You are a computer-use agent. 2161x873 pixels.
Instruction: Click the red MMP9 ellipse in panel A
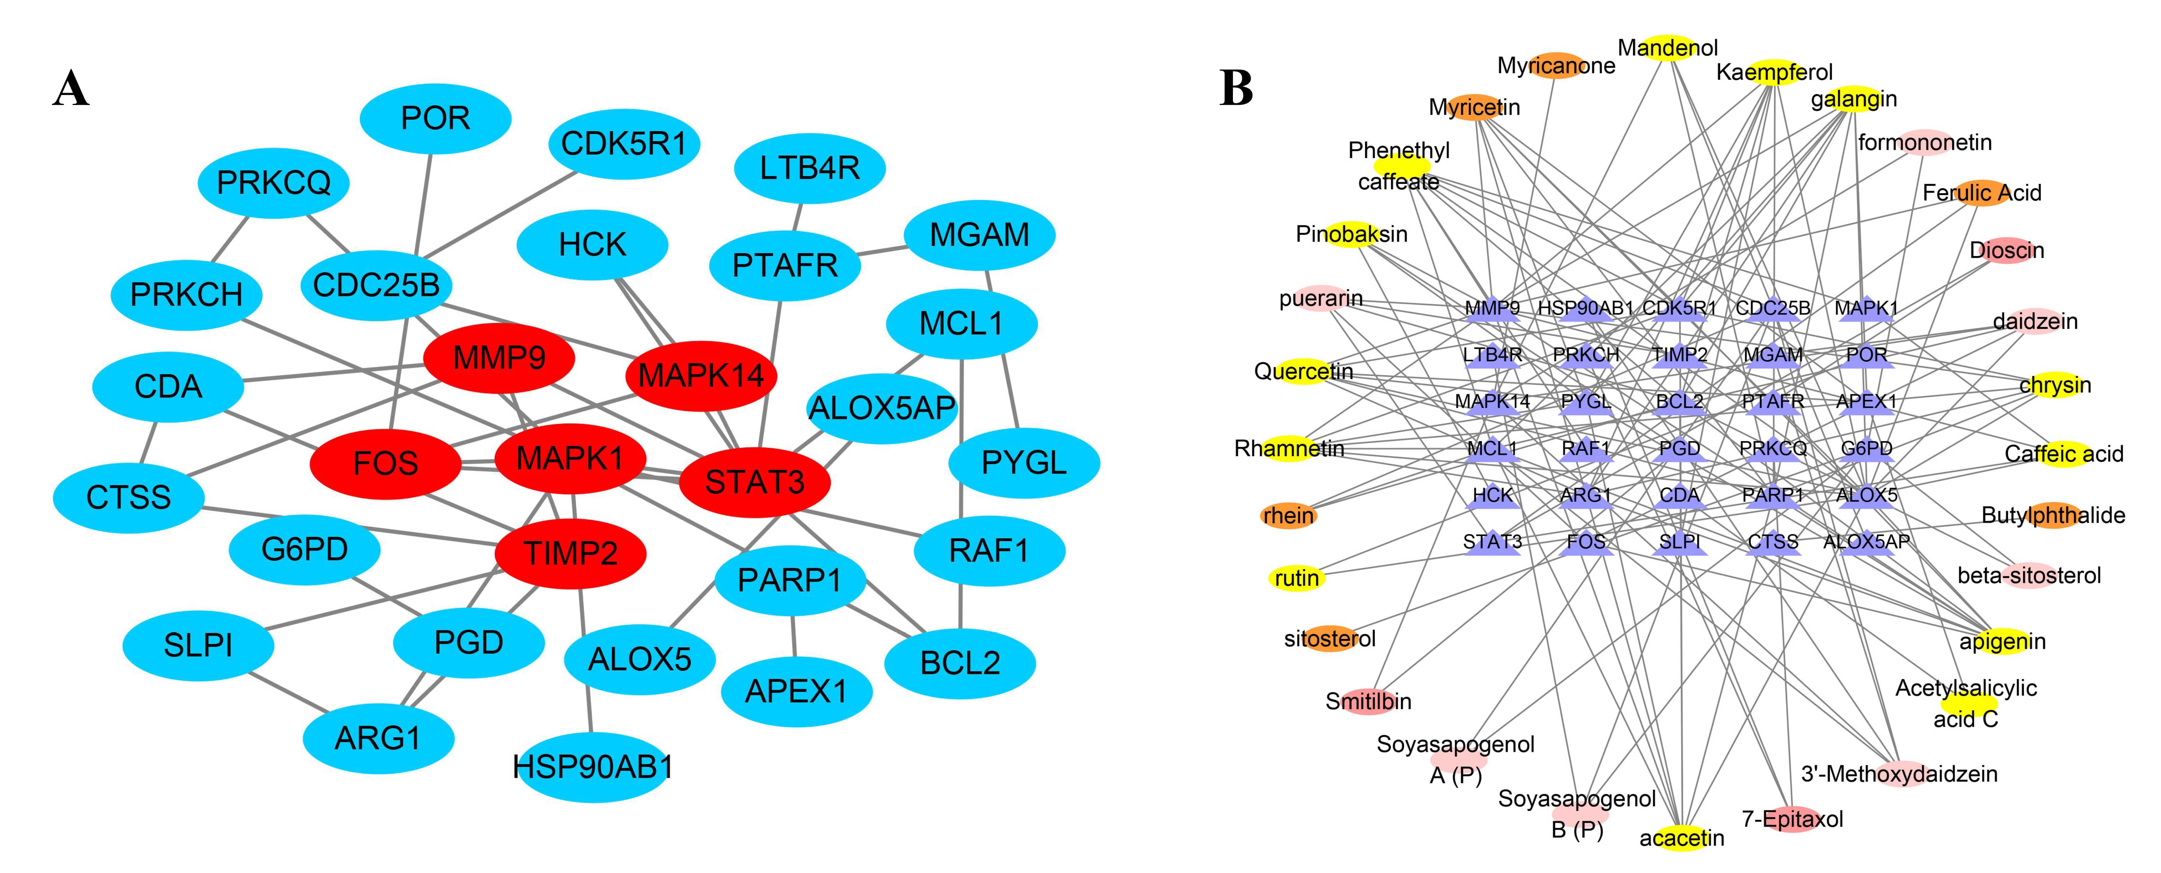pyautogui.click(x=499, y=358)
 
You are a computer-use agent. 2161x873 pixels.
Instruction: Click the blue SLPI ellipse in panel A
pyautogui.click(x=198, y=645)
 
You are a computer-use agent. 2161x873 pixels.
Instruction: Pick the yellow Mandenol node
pyautogui.click(x=1668, y=48)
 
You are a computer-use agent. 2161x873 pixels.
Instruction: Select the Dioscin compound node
pyautogui.click(x=2007, y=250)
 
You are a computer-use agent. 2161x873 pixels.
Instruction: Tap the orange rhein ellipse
pyautogui.click(x=1288, y=515)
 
